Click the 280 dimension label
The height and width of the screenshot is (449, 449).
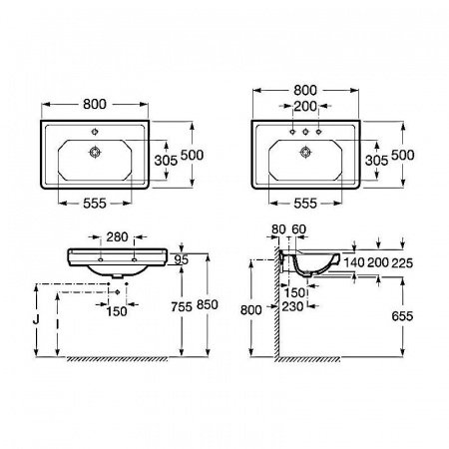click(x=117, y=237)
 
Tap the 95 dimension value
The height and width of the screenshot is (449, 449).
click(x=182, y=260)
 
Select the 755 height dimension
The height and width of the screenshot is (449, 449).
click(x=182, y=306)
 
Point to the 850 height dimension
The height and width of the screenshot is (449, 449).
click(x=208, y=304)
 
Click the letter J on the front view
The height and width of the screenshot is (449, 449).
click(x=36, y=319)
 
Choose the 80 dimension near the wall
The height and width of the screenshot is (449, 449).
click(x=278, y=229)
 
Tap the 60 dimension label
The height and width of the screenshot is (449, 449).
click(x=298, y=229)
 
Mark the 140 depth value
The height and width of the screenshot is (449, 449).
click(x=354, y=262)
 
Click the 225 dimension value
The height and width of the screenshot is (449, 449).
click(x=402, y=263)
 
